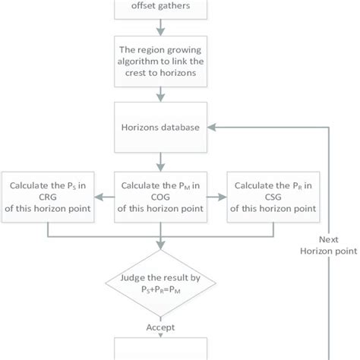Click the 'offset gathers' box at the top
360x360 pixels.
pyautogui.click(x=160, y=10)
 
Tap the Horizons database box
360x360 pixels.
pyautogui.click(x=160, y=128)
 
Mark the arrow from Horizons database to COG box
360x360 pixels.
pyautogui.click(x=160, y=161)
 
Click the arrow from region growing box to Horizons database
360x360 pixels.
pyautogui.click(x=160, y=96)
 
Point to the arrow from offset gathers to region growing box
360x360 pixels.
pyautogui.click(x=160, y=30)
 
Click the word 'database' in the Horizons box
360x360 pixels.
pyautogui.click(x=182, y=128)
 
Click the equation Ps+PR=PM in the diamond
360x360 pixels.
pyautogui.click(x=160, y=301)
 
